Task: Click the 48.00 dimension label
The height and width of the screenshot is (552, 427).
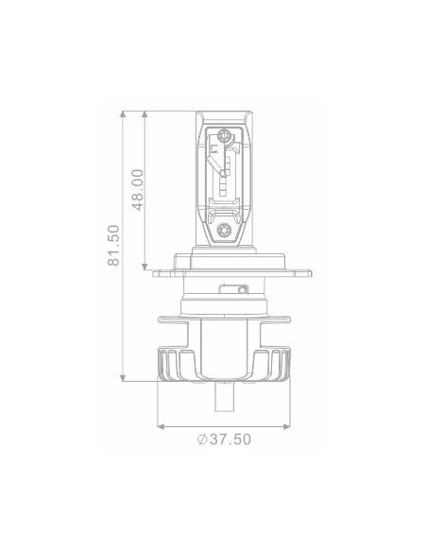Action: pos(138,188)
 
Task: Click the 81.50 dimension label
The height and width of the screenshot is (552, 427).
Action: pos(114,245)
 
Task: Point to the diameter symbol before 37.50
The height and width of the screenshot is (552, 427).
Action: pos(202,439)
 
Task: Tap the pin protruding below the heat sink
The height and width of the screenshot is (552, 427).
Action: pos(225,399)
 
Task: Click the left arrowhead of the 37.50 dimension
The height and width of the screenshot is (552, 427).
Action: pos(162,423)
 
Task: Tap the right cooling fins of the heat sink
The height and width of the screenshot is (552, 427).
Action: pos(280,363)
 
